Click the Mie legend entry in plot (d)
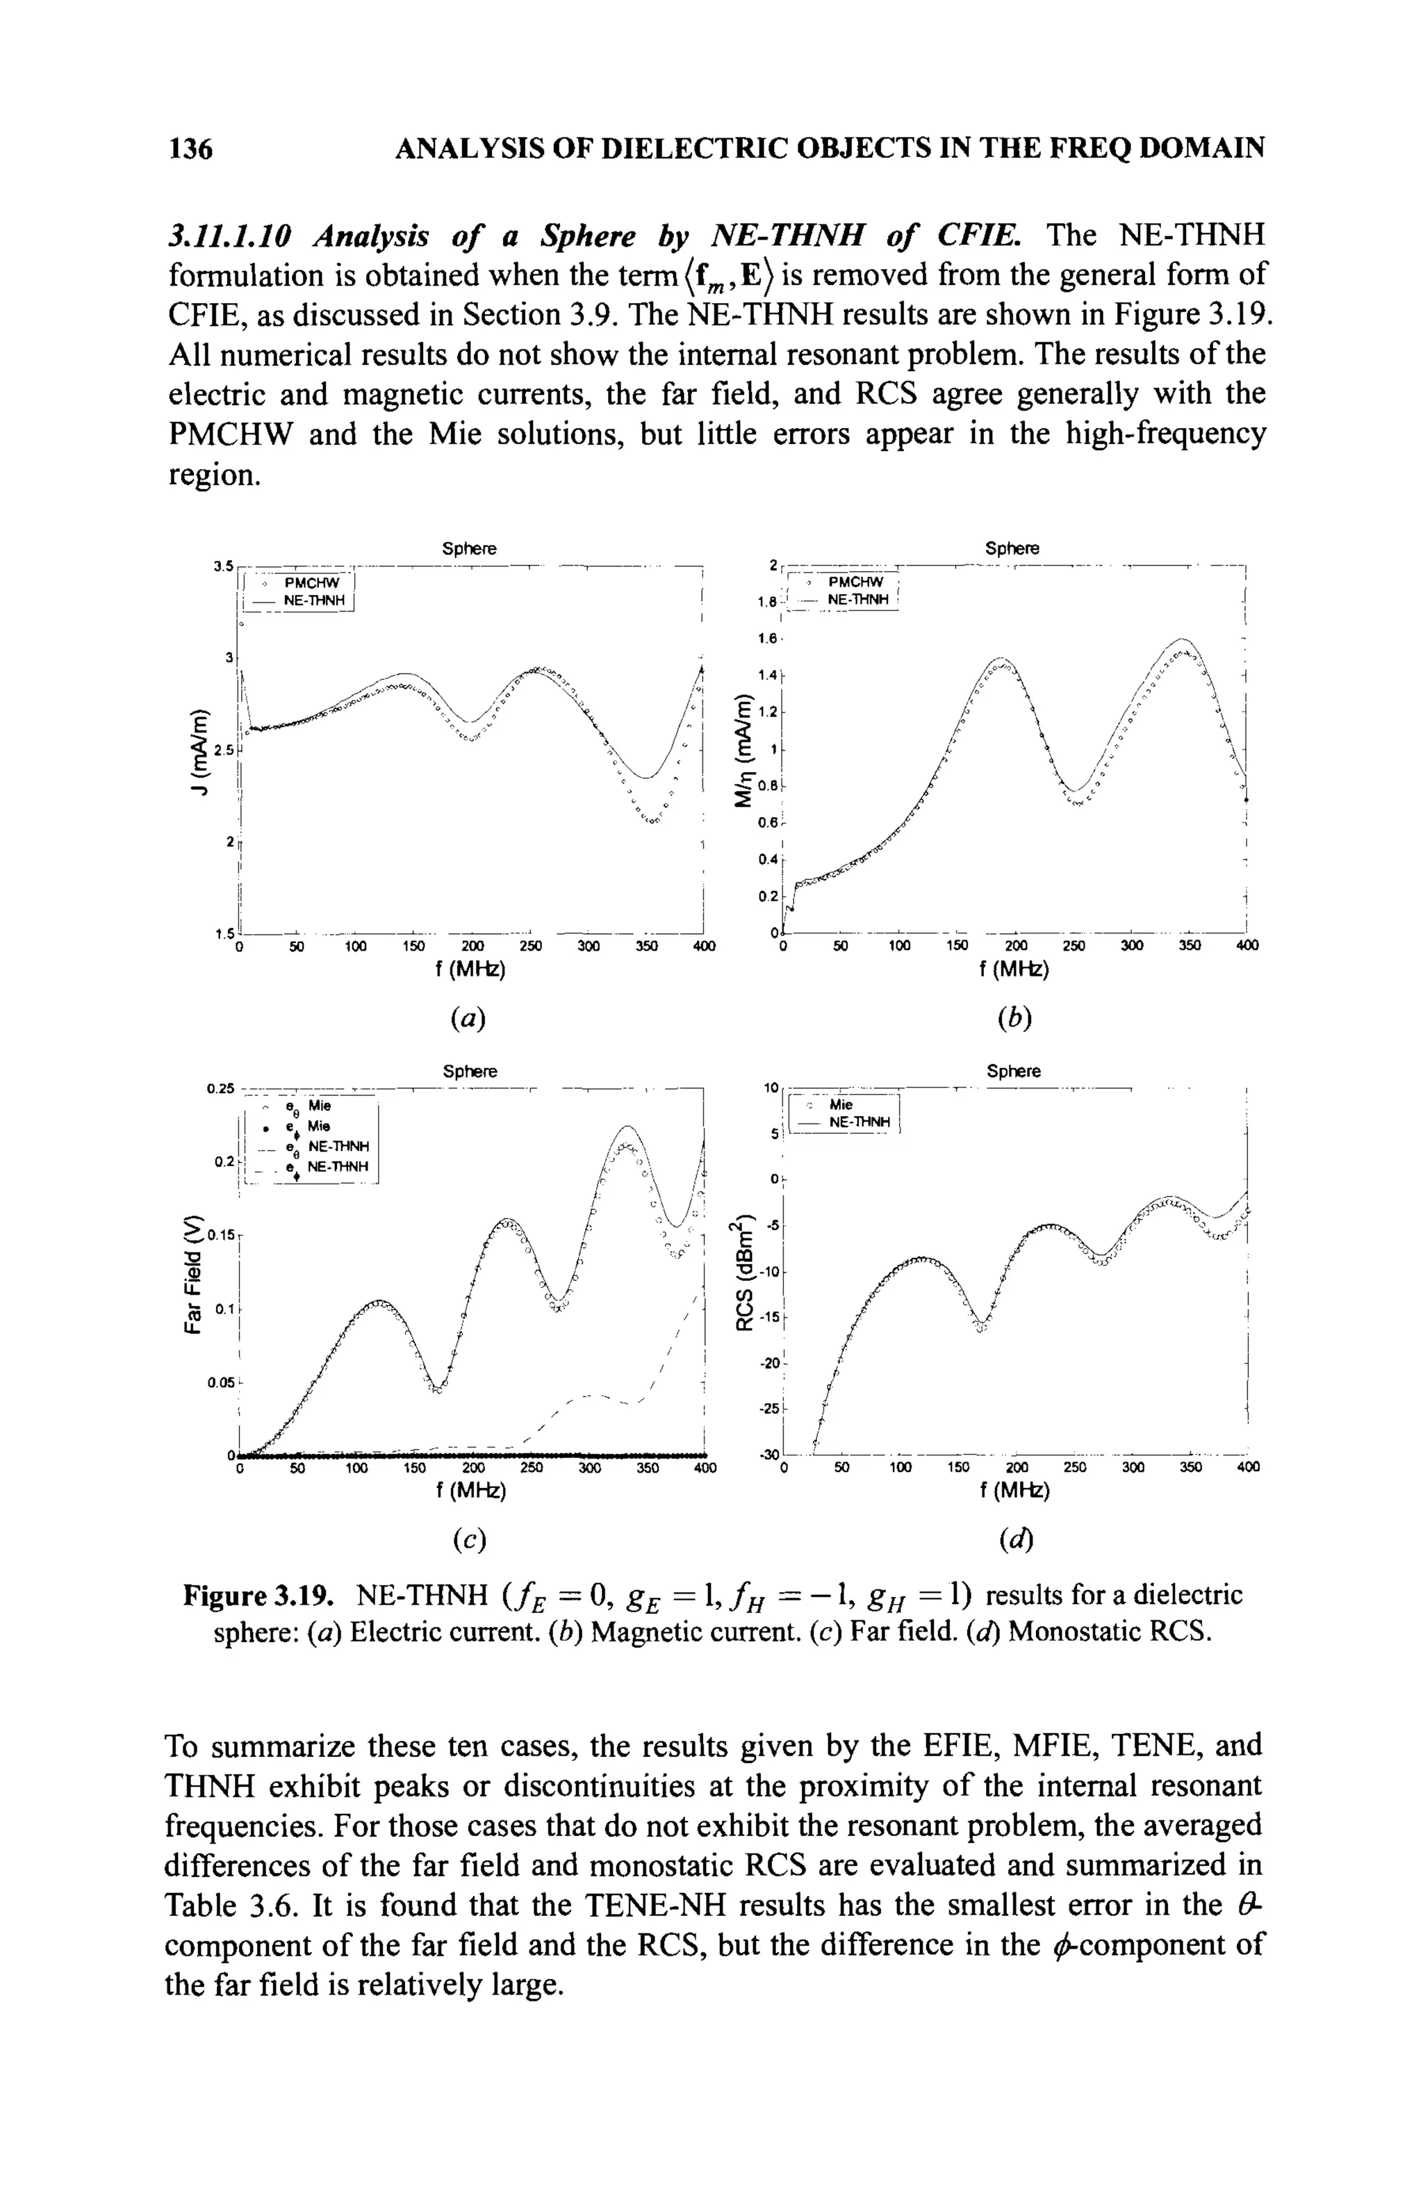[x=841, y=1104]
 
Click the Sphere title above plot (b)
[x=1012, y=548]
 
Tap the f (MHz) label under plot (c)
[x=470, y=1491]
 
